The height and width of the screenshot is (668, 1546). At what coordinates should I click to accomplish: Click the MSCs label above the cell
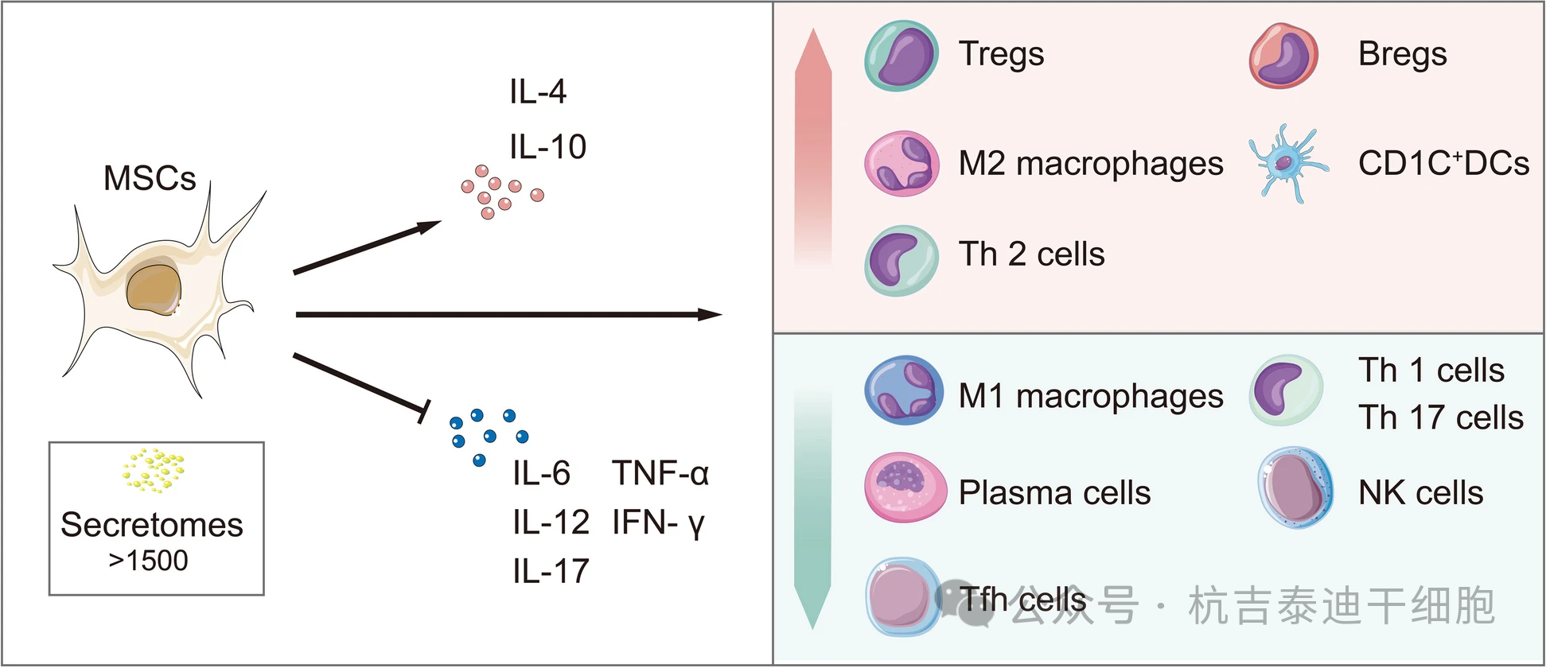pyautogui.click(x=150, y=178)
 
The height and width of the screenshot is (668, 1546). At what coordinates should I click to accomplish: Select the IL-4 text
pyautogui.click(x=538, y=92)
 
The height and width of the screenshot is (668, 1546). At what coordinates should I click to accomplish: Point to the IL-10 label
pyautogui.click(x=547, y=147)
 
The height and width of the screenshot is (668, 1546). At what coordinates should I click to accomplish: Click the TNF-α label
pyautogui.click(x=660, y=474)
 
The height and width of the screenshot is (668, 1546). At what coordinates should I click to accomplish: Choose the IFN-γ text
pyautogui.click(x=658, y=523)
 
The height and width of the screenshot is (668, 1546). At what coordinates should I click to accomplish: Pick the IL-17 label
pyautogui.click(x=551, y=572)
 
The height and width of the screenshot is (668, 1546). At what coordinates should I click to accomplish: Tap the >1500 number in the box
pyautogui.click(x=149, y=561)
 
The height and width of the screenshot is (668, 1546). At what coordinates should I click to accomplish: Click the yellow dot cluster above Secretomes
pyautogui.click(x=154, y=468)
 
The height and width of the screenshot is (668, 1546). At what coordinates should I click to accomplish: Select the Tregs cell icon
pyautogui.click(x=902, y=56)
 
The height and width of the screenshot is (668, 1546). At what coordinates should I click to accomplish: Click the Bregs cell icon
pyautogui.click(x=1283, y=56)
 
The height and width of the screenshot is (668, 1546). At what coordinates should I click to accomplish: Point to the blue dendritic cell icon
pyautogui.click(x=1285, y=164)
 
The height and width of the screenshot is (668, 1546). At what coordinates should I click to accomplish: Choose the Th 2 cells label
pyautogui.click(x=1031, y=254)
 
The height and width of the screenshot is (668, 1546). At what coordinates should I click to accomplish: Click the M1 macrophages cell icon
pyautogui.click(x=903, y=390)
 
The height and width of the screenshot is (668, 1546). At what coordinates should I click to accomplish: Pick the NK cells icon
pyautogui.click(x=1295, y=487)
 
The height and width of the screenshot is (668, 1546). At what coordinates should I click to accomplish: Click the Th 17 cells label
pyautogui.click(x=1440, y=417)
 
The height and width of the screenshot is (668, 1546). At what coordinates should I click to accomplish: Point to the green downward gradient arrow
pyautogui.click(x=812, y=509)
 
